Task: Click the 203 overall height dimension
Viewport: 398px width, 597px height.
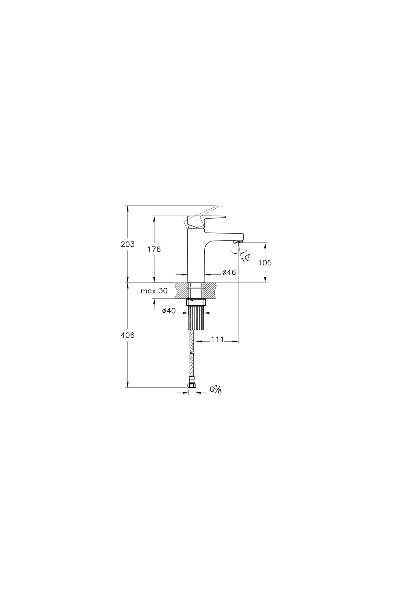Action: coord(127,244)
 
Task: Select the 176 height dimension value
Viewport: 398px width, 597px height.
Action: coord(154,249)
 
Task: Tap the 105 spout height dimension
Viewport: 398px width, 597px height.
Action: coord(265,263)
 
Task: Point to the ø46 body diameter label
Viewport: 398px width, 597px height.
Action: coord(229,272)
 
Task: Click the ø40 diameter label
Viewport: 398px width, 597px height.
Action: coord(169,311)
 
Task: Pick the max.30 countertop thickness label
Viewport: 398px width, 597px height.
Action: coord(154,291)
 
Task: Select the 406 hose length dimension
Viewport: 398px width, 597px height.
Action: coord(127,335)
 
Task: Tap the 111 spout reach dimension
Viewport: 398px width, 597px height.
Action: coord(217,339)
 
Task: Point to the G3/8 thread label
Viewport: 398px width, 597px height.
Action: coord(216,389)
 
